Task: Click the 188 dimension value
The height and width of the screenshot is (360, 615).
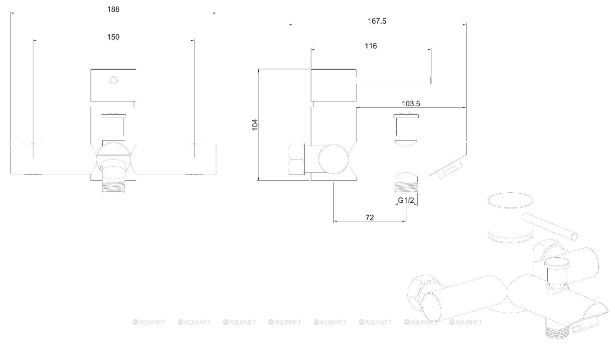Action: [113, 9]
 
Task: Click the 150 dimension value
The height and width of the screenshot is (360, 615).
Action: [113, 37]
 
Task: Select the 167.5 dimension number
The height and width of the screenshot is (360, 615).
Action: [377, 21]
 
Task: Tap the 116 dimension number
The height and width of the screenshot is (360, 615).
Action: [371, 46]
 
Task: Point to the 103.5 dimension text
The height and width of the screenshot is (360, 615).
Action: [411, 104]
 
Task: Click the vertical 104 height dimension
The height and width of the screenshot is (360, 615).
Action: [255, 125]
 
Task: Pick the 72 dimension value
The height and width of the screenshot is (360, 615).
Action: [369, 217]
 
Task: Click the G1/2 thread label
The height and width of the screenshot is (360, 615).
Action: [406, 200]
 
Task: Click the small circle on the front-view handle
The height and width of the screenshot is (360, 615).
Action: [113, 80]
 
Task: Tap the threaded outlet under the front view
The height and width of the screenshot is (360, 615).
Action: [113, 186]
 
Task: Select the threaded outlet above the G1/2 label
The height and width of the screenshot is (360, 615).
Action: [406, 187]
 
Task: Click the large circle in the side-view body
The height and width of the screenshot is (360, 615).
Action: [333, 159]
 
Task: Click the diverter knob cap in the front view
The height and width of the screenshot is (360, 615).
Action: [113, 116]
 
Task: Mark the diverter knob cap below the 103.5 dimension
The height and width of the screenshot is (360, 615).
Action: [406, 115]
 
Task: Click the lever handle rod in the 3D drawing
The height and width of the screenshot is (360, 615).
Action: [550, 227]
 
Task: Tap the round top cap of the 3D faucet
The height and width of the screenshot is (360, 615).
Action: [510, 200]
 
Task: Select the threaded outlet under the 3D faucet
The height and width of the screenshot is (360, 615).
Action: [557, 331]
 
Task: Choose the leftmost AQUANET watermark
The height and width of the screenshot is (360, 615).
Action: [149, 322]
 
